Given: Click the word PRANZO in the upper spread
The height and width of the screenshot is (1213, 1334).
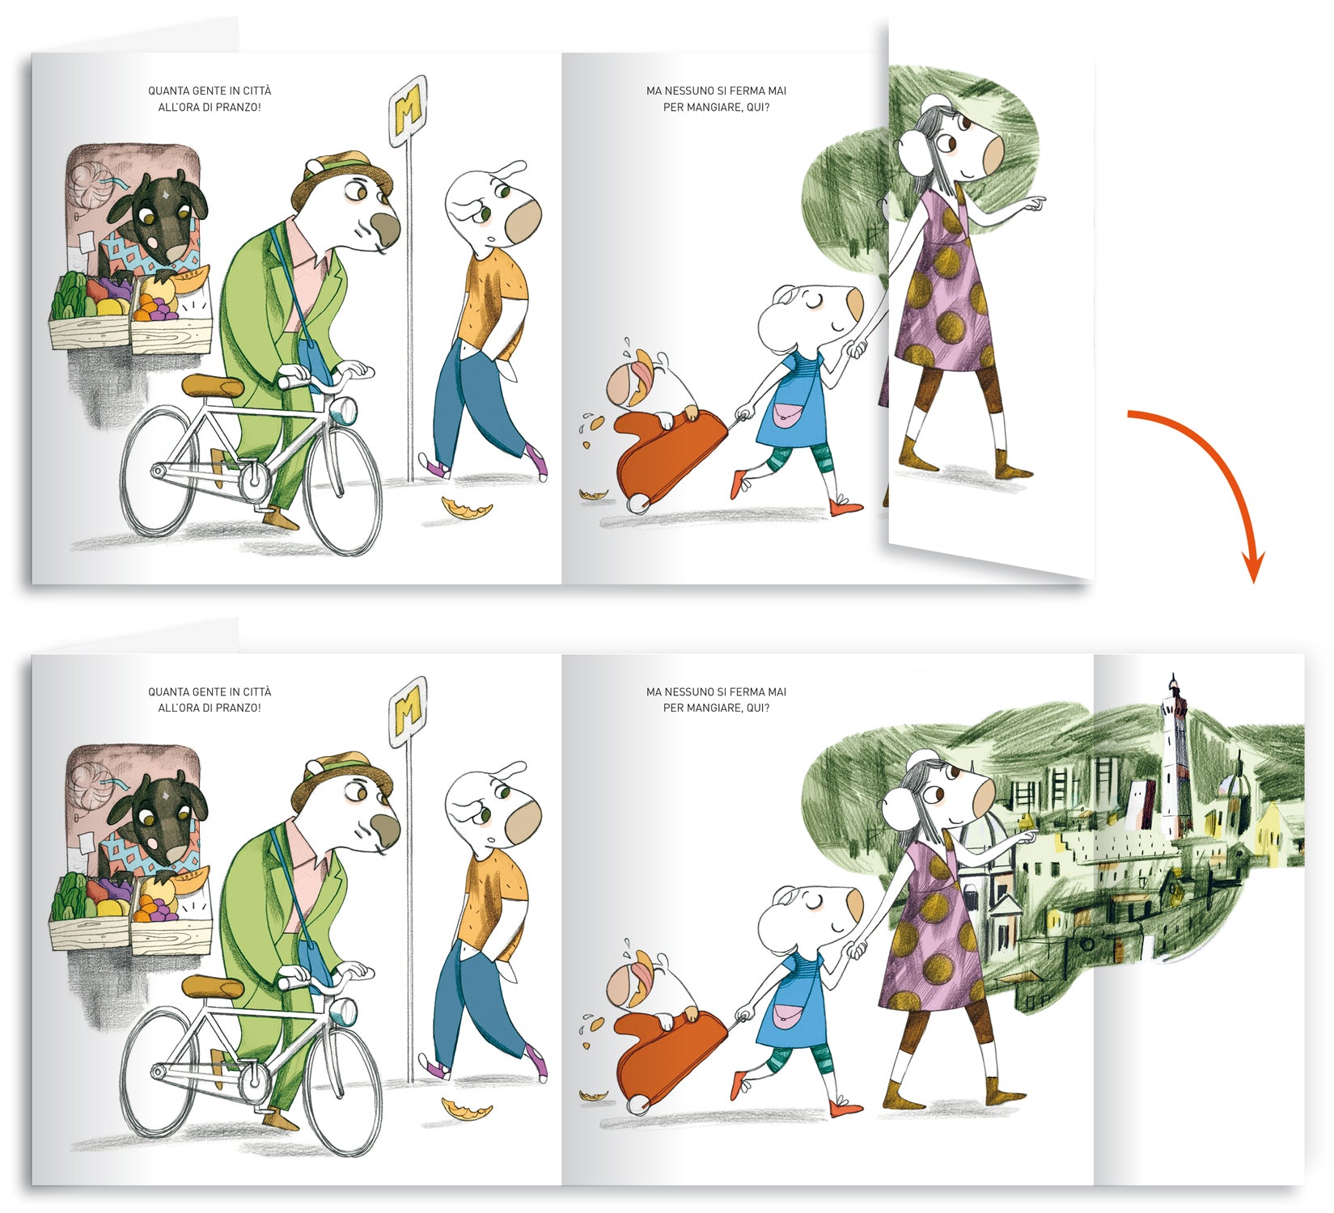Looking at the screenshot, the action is pyautogui.click(x=238, y=107).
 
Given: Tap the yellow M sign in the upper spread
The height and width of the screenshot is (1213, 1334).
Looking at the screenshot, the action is pyautogui.click(x=408, y=111).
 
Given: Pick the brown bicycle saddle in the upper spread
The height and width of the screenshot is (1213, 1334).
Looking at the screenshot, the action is pyautogui.click(x=213, y=386).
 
